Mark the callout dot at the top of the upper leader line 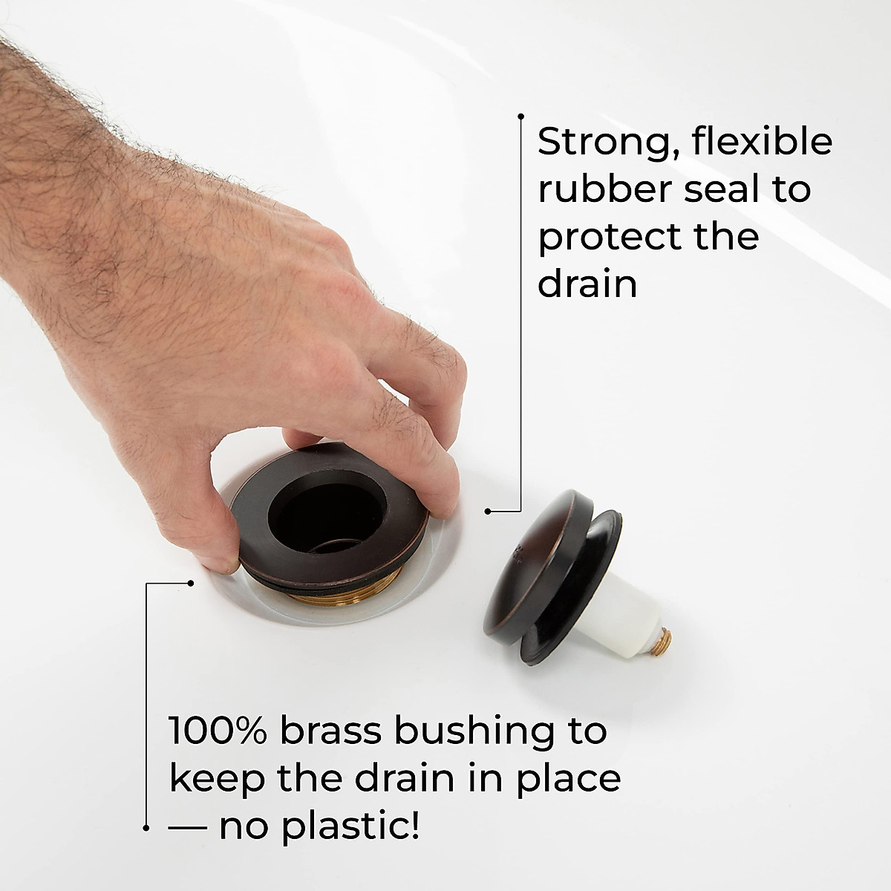click(x=521, y=117)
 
